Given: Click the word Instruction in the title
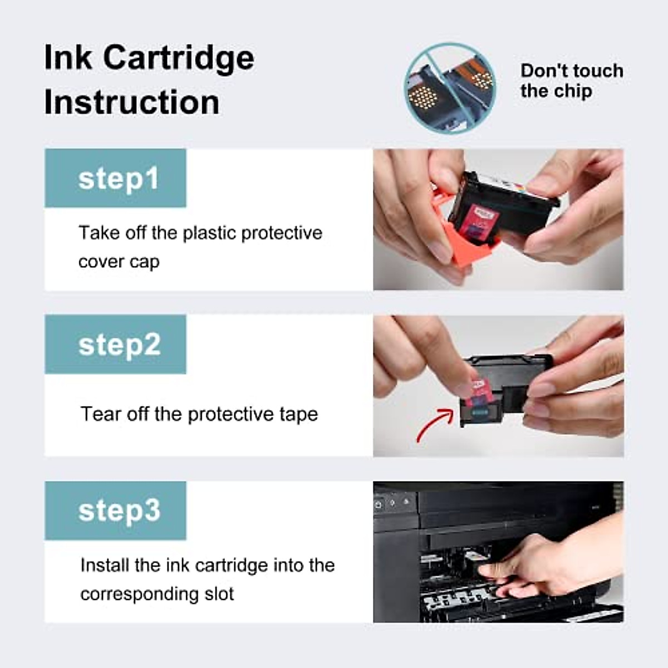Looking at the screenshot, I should [x=131, y=102].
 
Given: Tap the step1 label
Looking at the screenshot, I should [x=118, y=179].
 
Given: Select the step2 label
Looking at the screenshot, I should [x=119, y=345].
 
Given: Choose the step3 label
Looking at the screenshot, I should [x=119, y=510].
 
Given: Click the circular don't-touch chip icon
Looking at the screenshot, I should [x=450, y=87].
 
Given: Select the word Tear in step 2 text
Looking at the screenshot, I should [x=101, y=414].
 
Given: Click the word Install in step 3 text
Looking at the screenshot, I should [x=105, y=566].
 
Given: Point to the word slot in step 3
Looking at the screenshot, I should [x=219, y=594].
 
